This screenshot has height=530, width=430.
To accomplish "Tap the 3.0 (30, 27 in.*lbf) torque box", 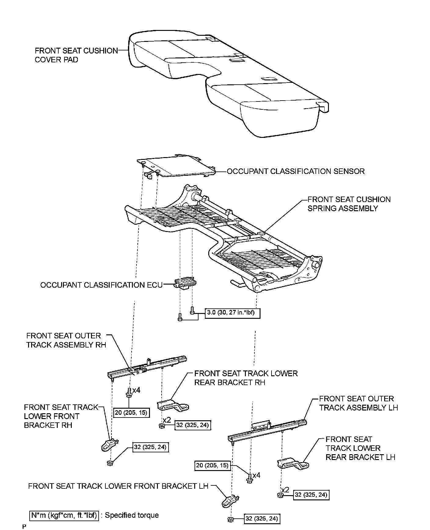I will [x=232, y=313].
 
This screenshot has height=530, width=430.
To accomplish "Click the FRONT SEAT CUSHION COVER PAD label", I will [x=76, y=55].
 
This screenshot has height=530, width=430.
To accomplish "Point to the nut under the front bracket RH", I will [x=109, y=463].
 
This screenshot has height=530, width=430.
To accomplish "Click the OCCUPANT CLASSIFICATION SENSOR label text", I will [x=296, y=171].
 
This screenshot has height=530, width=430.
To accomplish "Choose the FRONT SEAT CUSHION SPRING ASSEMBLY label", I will [x=349, y=204].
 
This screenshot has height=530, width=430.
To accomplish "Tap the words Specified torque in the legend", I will [x=132, y=515].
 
